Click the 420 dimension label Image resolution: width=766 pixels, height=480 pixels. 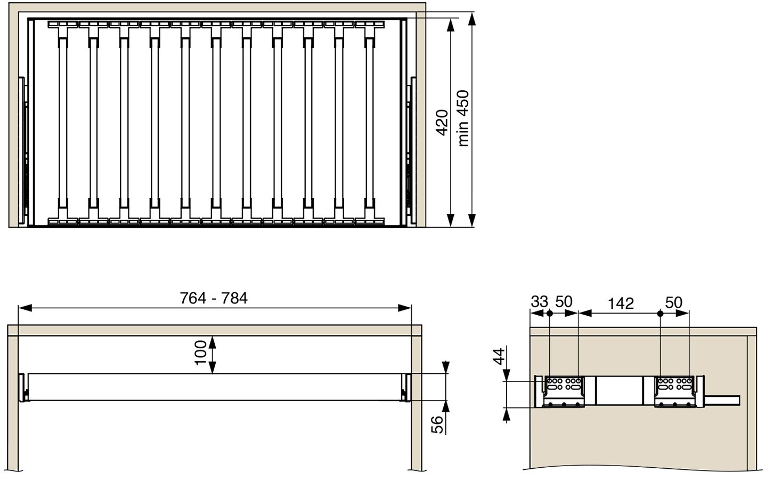click(443, 123)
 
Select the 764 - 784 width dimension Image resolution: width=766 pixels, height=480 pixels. click(214, 298)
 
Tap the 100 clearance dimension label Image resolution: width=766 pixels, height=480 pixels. click(201, 353)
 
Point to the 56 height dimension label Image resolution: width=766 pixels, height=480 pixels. click(437, 425)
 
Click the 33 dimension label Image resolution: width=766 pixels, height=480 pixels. click(539, 302)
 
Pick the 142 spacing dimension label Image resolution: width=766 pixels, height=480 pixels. click(621, 303)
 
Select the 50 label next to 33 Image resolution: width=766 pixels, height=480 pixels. click(564, 302)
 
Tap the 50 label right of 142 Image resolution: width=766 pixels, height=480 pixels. click(674, 302)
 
